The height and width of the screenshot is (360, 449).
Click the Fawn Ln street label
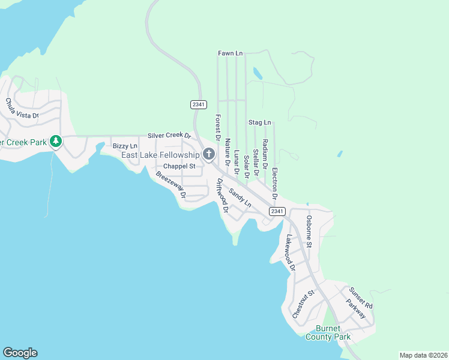pos(230,53)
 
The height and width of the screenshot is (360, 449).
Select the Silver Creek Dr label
pos(169,136)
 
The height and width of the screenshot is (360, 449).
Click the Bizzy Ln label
pos(125,146)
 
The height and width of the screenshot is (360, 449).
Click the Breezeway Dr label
pos(171,185)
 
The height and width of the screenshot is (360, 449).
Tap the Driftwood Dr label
pos(222,196)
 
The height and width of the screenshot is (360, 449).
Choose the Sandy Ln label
pos(240,196)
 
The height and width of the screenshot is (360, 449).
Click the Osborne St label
pos(309,232)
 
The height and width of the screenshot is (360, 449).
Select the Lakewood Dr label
pos(291,253)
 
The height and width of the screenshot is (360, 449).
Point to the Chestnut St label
pos(304,304)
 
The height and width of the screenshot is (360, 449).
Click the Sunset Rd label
pos(361,298)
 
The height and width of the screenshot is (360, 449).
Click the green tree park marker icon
pos(56,142)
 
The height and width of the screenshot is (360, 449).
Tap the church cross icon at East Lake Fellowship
pos(209,155)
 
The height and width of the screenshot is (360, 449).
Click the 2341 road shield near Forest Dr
pos(199,104)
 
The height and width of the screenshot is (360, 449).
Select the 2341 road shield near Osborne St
pos(277,211)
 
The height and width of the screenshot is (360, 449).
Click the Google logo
pos(20,353)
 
